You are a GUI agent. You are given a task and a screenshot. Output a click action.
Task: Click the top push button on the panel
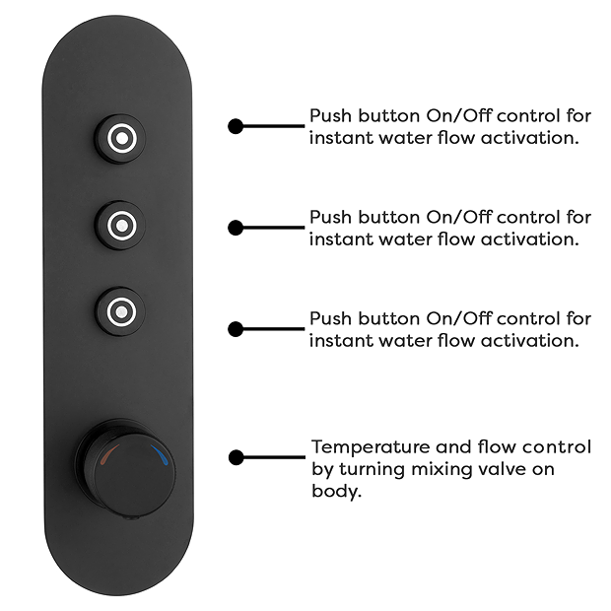click(121, 138)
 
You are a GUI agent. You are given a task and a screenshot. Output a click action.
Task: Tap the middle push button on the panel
click(121, 226)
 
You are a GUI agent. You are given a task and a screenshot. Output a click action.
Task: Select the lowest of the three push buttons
click(121, 311)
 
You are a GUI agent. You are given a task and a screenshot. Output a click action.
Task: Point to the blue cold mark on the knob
click(161, 454)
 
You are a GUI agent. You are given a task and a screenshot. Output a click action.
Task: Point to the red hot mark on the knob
click(109, 454)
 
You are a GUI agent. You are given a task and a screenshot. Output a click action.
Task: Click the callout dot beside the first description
click(236, 126)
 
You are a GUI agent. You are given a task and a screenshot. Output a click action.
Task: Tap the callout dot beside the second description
click(236, 228)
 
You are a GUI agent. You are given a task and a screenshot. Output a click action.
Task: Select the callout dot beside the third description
click(236, 329)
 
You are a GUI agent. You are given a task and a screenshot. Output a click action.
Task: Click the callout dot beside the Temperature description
click(237, 457)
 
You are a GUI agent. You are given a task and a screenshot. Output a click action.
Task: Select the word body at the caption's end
click(337, 491)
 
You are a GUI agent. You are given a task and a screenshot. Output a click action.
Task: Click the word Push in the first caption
click(330, 116)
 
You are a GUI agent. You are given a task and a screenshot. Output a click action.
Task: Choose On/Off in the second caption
click(458, 218)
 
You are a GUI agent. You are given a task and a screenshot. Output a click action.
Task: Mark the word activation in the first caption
click(529, 138)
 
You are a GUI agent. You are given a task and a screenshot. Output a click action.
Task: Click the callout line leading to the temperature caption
click(274, 457)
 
